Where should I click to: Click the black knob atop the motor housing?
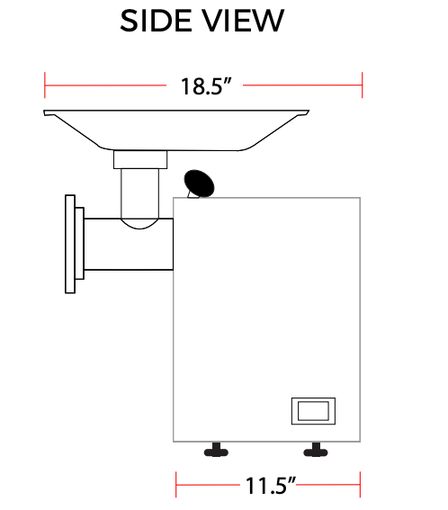pos(200,183)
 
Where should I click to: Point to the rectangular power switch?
pos(313,410)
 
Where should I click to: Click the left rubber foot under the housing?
pos(216,449)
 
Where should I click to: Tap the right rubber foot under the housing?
pos(313,449)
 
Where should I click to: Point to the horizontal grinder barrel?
pos(126,243)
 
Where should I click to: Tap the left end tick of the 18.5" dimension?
pos(45,86)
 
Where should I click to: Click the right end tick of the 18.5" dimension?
pos(362,86)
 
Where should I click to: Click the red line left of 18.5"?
pos(108,86)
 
